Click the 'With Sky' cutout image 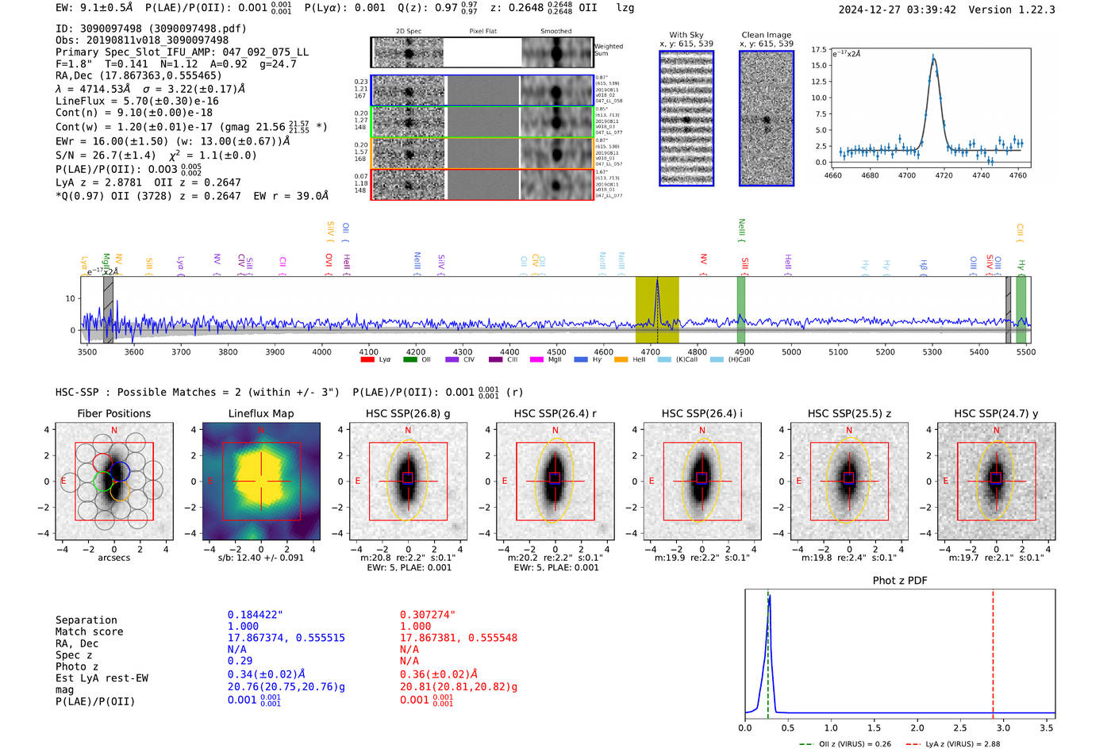coord(686,118)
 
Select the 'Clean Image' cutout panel coord(767,118)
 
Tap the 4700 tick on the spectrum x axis coord(650,351)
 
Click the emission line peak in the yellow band coord(657,282)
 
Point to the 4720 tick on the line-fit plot coord(944,175)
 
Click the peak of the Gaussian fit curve coord(933,57)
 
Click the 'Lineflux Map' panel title coord(260,413)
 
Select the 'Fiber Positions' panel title coord(113,413)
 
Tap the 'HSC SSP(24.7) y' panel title coord(996,413)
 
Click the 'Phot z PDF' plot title coord(900,581)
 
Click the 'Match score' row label coord(89,632)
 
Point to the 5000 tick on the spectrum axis coord(791,351)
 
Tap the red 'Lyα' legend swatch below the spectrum coord(367,359)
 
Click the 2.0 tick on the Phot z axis coord(917,727)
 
